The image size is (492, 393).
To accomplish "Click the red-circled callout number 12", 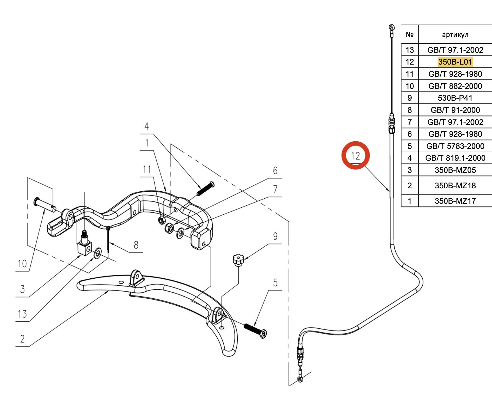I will pyautogui.click(x=355, y=156).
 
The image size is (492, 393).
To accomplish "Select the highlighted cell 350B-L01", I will pyautogui.click(x=455, y=62).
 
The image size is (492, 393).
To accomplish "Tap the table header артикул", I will pyautogui.click(x=455, y=35).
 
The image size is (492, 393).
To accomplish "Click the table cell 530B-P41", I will pyautogui.click(x=455, y=98).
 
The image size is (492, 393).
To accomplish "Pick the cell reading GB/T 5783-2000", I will pyautogui.click(x=455, y=146).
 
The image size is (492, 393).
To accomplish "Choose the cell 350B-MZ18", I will pyautogui.click(x=455, y=186).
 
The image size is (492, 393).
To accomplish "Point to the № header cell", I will pyautogui.click(x=409, y=35).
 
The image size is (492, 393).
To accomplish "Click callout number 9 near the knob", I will pyautogui.click(x=275, y=236).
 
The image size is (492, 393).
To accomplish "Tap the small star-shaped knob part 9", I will pyautogui.click(x=238, y=260).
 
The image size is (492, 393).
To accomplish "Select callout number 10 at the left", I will pyautogui.click(x=22, y=264).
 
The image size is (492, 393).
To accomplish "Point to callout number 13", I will pyautogui.click(x=22, y=314).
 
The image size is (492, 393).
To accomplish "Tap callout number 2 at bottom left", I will pyautogui.click(x=22, y=339).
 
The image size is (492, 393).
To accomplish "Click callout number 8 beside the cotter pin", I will pyautogui.click(x=136, y=245).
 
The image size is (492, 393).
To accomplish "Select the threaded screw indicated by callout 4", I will pyautogui.click(x=205, y=188).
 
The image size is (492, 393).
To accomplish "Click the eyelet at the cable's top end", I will pyautogui.click(x=392, y=28).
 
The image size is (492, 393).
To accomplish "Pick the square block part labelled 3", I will pyautogui.click(x=84, y=247).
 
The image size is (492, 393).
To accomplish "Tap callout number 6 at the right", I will pyautogui.click(x=275, y=170).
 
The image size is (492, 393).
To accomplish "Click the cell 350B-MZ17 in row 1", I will pyautogui.click(x=455, y=201).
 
